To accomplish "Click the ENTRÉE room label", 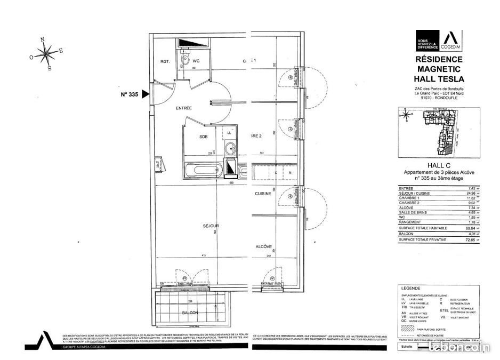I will (184, 108).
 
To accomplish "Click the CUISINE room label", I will (263, 194).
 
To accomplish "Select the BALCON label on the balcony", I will (190, 313).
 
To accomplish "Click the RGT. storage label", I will (165, 61).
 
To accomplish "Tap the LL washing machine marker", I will (229, 132).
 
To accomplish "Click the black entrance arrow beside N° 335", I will (146, 94).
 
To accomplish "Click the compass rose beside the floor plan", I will (47, 52).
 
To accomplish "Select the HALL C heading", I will (440, 166).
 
